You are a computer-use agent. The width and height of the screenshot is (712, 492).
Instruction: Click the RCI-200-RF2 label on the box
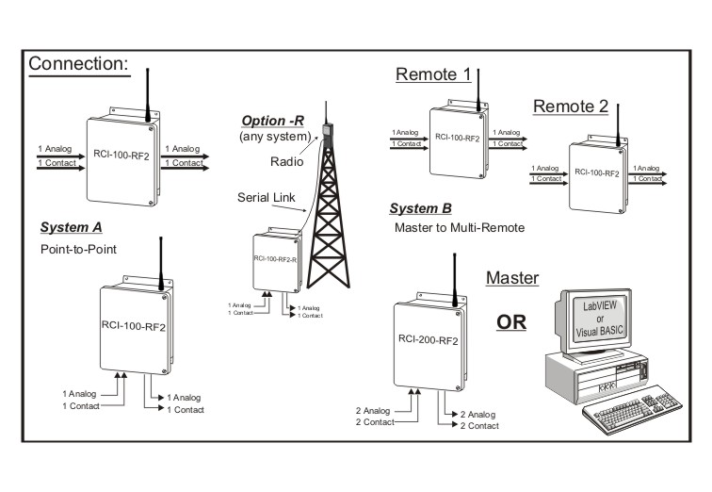coord(429,335)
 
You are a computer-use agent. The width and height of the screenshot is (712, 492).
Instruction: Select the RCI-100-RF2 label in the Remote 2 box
coord(599,174)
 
